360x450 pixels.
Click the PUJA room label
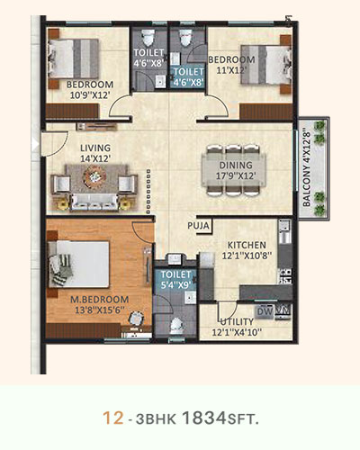tap(198, 226)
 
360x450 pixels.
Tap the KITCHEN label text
tap(247, 245)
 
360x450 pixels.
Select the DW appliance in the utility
tap(265, 311)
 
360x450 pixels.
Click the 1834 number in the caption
tap(203, 418)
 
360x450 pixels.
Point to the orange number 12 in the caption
tap(113, 418)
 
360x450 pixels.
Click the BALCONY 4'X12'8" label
tap(306, 168)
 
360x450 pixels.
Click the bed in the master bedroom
tap(78, 264)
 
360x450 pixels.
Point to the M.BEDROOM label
tap(100, 300)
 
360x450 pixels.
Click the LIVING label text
tap(95, 148)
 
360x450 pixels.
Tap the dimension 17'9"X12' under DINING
tap(236, 175)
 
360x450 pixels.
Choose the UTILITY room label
tap(237, 322)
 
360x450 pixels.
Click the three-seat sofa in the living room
tap(94, 202)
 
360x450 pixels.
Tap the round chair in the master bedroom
tap(136, 318)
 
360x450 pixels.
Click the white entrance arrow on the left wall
tap(35, 145)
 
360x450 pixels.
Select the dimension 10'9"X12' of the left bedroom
tap(89, 95)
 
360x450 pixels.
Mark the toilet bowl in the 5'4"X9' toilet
tap(176, 326)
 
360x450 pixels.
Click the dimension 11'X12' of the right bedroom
tap(231, 70)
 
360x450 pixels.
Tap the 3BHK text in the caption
tap(156, 419)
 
